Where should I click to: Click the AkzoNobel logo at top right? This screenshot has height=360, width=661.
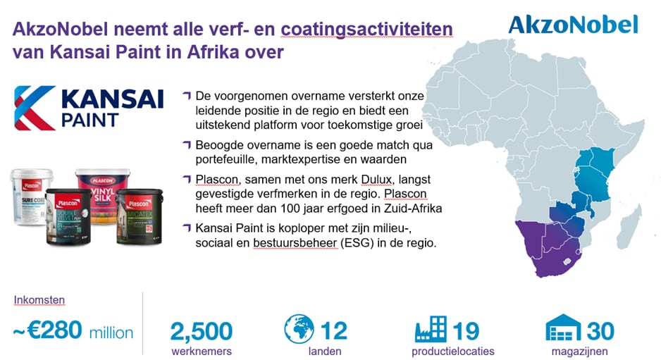[574, 25]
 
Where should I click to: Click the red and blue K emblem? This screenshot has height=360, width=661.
[35, 108]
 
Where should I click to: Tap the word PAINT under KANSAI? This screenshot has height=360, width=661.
[89, 120]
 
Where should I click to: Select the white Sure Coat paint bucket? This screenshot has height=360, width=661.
[30, 196]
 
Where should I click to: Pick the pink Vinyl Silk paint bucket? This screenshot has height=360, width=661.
[103, 194]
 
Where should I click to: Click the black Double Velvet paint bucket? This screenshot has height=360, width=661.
[68, 217]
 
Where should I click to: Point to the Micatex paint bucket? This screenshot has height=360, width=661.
[139, 217]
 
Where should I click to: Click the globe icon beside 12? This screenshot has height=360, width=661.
[299, 329]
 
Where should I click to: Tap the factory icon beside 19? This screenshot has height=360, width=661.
[431, 329]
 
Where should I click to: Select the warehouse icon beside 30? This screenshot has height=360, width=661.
[563, 328]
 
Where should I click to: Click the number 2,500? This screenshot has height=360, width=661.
[202, 331]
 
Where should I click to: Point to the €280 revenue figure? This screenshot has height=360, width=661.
[54, 330]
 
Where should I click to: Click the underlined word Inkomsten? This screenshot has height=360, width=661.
[39, 299]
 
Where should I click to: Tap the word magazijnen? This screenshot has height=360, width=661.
[580, 351]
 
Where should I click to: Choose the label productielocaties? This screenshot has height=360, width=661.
[452, 351]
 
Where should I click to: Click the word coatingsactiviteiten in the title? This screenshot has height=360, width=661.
[366, 30]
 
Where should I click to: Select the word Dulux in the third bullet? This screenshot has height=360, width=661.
[376, 180]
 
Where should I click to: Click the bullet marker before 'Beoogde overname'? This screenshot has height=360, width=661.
[187, 144]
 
